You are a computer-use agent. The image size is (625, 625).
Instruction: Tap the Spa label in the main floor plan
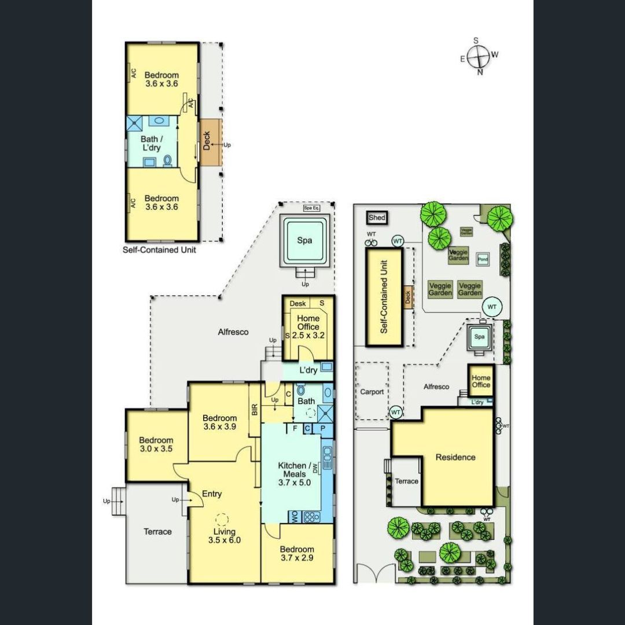(x=305, y=241)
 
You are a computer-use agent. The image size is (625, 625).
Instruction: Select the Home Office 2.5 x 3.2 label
(x=308, y=326)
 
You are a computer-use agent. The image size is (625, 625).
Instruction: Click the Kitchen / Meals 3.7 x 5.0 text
(x=299, y=474)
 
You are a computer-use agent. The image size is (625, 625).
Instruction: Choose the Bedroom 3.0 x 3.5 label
(x=156, y=444)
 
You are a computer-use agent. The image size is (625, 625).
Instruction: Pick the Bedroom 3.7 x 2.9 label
(x=297, y=553)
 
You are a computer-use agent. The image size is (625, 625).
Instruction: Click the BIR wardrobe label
(x=255, y=410)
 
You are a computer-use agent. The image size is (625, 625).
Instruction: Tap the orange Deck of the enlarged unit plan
(x=208, y=142)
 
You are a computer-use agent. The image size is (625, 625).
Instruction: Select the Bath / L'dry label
(x=153, y=144)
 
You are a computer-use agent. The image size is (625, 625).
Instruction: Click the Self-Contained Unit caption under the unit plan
(x=159, y=250)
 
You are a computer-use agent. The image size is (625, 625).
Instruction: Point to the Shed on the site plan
(x=377, y=218)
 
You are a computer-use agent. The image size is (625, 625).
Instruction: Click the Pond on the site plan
(x=483, y=260)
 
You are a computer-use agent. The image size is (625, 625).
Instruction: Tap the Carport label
(x=372, y=392)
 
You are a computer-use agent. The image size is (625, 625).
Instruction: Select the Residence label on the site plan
(x=455, y=457)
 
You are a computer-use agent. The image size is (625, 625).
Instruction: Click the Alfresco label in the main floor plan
(x=233, y=332)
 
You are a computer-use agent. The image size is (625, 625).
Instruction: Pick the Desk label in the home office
(x=297, y=303)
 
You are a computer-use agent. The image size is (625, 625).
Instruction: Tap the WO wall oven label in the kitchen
(x=293, y=516)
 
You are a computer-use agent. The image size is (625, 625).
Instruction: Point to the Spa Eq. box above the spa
(x=311, y=208)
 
